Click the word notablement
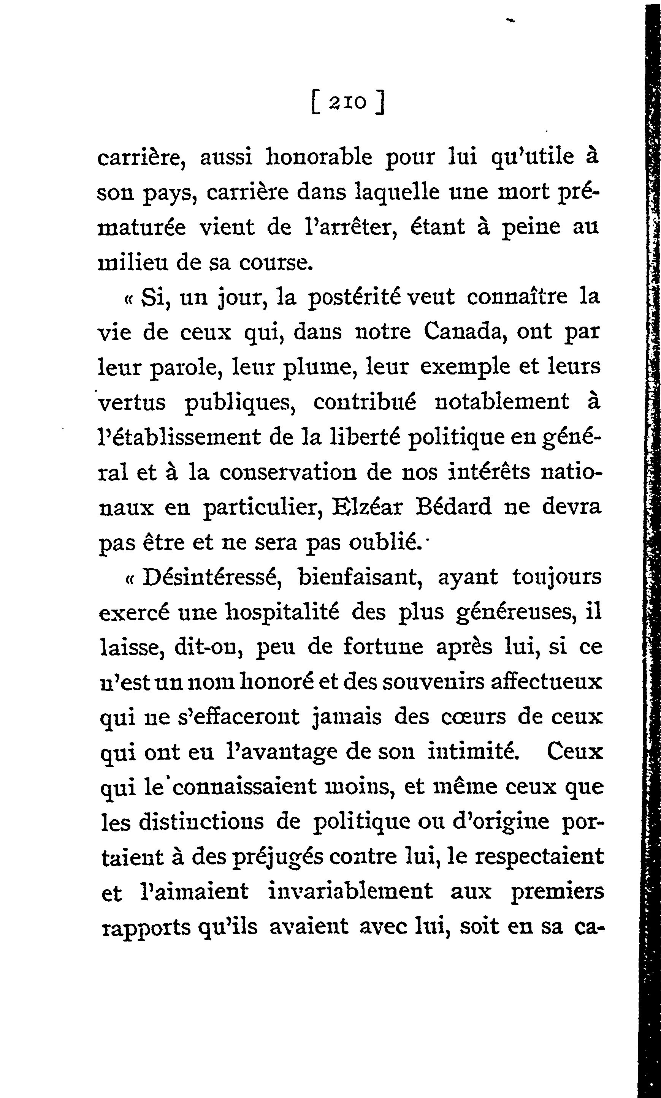tap(501, 401)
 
